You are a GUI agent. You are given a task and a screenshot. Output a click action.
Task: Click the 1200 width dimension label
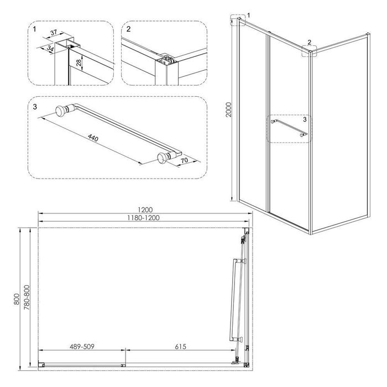tap(145, 210)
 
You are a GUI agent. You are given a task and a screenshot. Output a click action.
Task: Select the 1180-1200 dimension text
tap(143, 218)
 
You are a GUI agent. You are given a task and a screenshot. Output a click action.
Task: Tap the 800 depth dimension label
tap(17, 299)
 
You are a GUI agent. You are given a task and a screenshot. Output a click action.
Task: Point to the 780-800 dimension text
tap(27, 297)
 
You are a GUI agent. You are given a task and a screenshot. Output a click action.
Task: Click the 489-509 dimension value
tap(82, 347)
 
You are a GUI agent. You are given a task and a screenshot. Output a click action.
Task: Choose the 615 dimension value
tap(180, 347)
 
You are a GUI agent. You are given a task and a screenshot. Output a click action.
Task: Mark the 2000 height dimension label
tap(229, 109)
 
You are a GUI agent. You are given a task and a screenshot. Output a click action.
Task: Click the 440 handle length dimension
tap(93, 138)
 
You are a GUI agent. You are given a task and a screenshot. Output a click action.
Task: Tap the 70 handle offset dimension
tap(184, 160)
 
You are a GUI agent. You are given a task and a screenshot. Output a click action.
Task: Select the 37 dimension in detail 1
tap(54, 32)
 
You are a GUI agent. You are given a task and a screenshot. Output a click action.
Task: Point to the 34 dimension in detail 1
tap(50, 49)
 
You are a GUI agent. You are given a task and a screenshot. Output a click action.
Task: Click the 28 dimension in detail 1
tap(79, 62)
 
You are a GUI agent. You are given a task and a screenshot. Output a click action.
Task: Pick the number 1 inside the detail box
tap(34, 29)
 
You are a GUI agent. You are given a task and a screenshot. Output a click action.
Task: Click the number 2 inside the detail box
tap(128, 29)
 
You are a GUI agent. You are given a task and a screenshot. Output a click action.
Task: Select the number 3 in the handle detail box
tap(35, 107)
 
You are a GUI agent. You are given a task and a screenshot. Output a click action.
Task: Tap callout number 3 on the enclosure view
tap(305, 119)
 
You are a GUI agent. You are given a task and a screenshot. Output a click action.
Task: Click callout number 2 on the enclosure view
tap(310, 42)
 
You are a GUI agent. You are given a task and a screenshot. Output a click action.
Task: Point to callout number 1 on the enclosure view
tap(249, 15)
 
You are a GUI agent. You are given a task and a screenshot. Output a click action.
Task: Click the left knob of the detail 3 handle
tap(60, 111)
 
